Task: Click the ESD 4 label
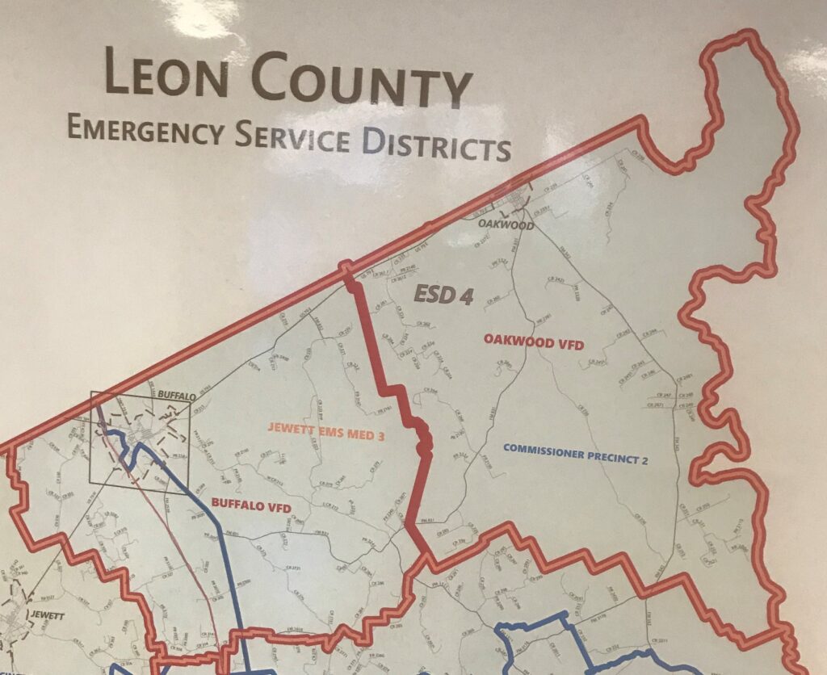tap(443, 294)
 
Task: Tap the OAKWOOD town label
tap(506, 225)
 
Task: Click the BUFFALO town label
tap(178, 396)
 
